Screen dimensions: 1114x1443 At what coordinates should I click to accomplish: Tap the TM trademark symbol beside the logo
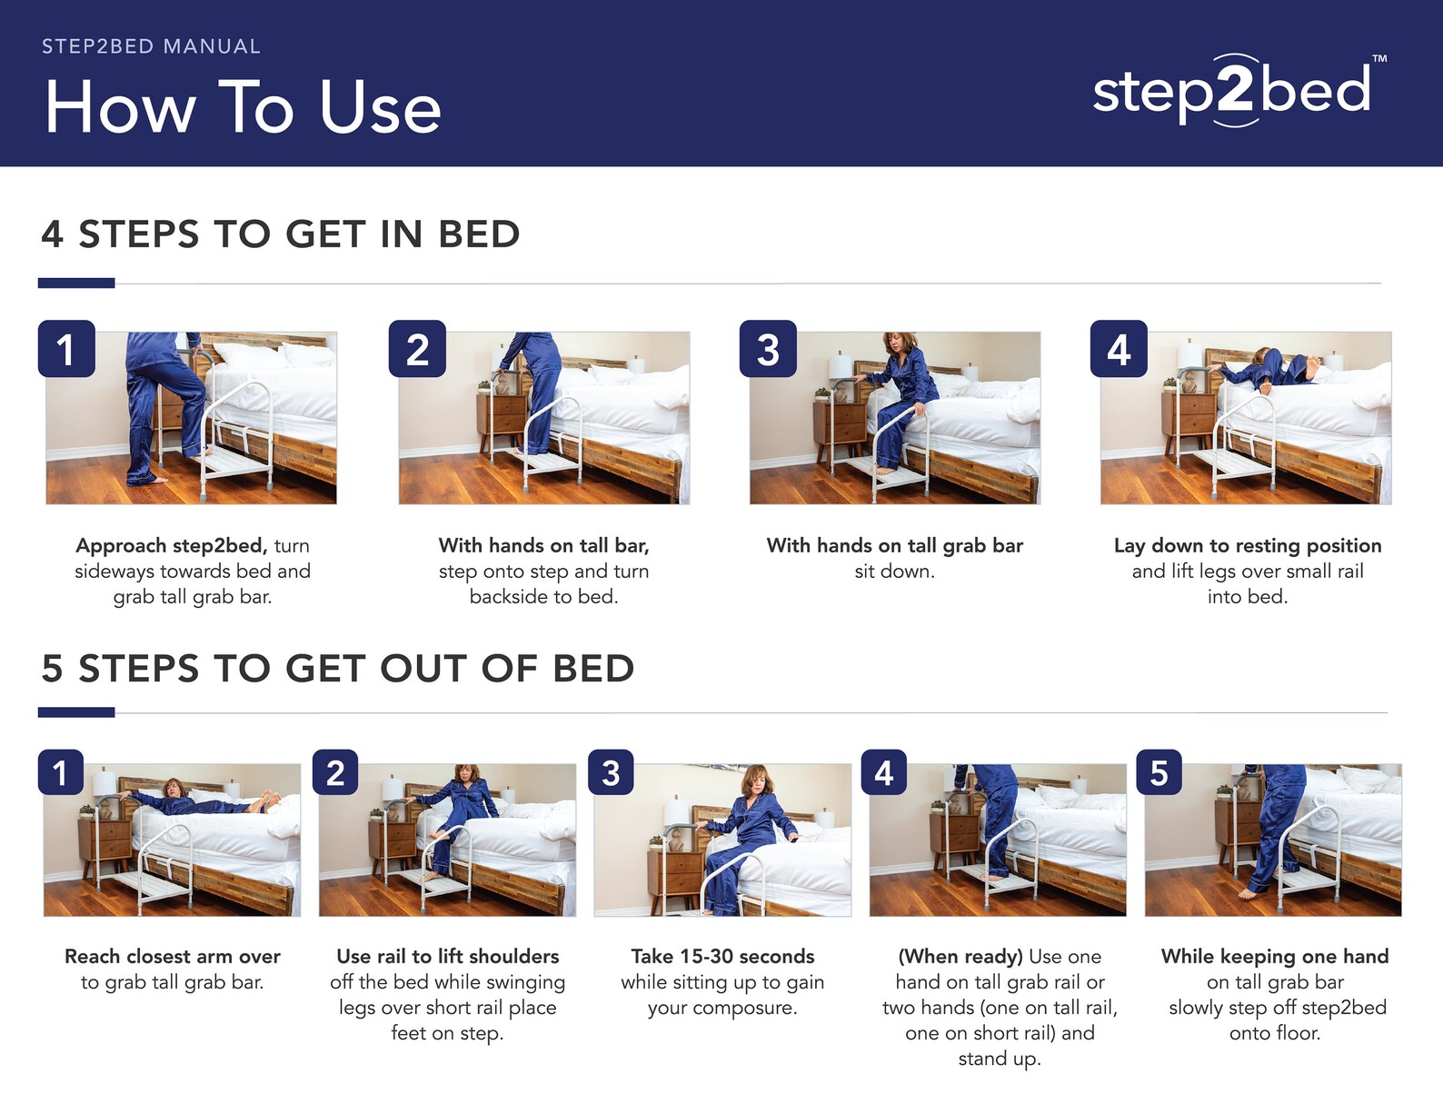click(x=1379, y=59)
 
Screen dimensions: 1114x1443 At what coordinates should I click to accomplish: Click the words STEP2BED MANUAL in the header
click(x=151, y=46)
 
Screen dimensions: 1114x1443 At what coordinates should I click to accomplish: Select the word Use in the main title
click(x=380, y=108)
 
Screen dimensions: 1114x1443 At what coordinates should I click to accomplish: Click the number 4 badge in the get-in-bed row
click(x=1119, y=349)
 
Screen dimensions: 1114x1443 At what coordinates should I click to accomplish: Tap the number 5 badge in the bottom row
click(x=1159, y=772)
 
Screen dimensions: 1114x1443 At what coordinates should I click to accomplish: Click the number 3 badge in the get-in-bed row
click(x=768, y=349)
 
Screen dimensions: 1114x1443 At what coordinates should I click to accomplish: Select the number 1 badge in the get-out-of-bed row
click(x=61, y=772)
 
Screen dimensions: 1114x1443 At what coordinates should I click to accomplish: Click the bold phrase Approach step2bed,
click(x=171, y=545)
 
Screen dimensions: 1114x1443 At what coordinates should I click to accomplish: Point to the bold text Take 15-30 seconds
click(x=722, y=956)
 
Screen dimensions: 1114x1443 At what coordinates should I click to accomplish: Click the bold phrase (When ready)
click(x=960, y=956)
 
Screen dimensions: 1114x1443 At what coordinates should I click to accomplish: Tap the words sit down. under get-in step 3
click(x=894, y=571)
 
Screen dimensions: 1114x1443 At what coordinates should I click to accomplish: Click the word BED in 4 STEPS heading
click(x=479, y=234)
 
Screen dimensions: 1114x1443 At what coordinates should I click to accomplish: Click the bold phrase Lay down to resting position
click(x=1247, y=545)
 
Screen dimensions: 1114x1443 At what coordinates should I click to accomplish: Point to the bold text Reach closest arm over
click(x=172, y=956)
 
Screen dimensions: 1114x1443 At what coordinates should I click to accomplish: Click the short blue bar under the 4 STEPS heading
click(x=76, y=283)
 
